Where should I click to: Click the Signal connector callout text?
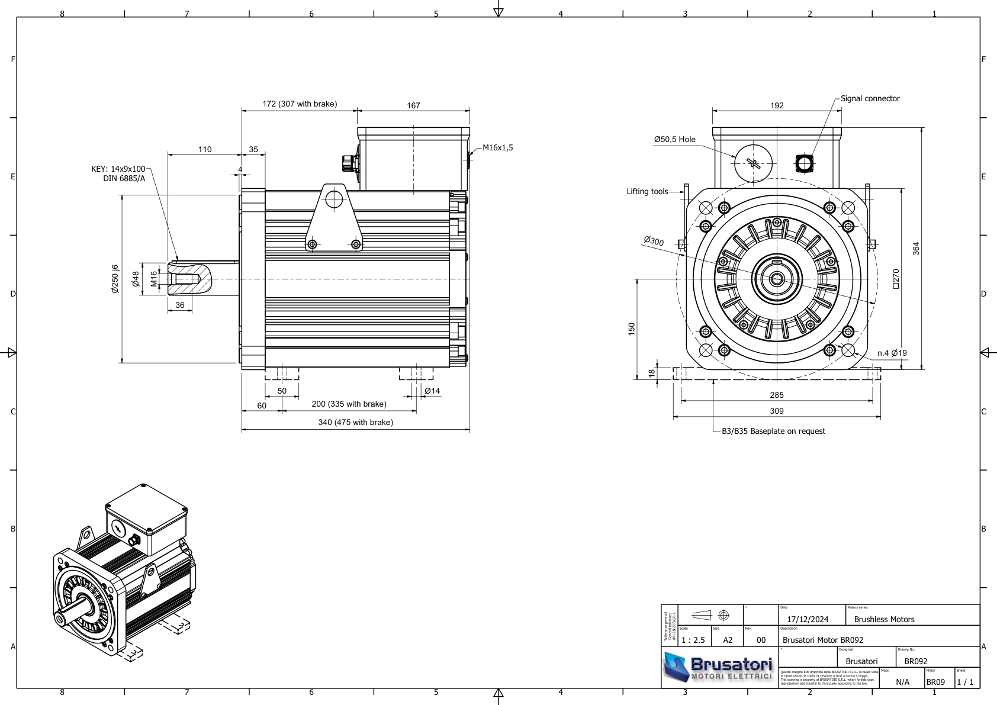(870, 99)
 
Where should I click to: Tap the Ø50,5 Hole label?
(674, 140)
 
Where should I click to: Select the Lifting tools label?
(647, 192)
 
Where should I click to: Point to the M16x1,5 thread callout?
(497, 148)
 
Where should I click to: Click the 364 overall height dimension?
(916, 248)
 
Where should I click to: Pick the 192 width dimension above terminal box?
(777, 106)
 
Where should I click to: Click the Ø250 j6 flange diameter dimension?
(115, 279)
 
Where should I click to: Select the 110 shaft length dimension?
(205, 150)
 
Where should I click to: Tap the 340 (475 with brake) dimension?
(355, 423)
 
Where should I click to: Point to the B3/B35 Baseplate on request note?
(773, 432)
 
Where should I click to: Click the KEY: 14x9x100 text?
(118, 169)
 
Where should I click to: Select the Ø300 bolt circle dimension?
(654, 241)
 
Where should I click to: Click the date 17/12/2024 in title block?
(808, 620)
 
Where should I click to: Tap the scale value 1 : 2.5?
(693, 640)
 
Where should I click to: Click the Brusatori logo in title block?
(719, 668)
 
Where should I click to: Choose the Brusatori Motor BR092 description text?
(822, 640)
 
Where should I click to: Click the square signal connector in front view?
(804, 163)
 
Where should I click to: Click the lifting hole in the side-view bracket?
(334, 199)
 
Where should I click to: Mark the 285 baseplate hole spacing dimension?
(776, 395)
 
